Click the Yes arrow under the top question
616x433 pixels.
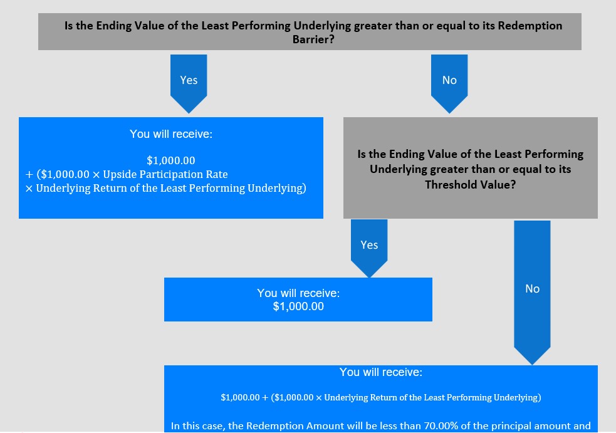point(189,84)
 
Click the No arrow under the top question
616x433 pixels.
point(449,84)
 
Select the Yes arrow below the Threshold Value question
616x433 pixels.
point(369,248)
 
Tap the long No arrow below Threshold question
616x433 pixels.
point(532,293)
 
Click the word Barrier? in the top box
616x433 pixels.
point(313,39)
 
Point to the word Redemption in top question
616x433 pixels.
point(530,26)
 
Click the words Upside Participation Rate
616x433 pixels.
point(165,174)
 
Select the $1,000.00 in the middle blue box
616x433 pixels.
point(298,306)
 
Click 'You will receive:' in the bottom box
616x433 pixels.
point(381,372)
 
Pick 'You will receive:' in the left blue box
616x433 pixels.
point(171,134)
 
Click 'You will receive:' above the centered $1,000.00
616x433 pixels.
point(298,293)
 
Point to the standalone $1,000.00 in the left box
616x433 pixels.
point(171,160)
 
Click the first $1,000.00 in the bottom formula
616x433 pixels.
point(240,398)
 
